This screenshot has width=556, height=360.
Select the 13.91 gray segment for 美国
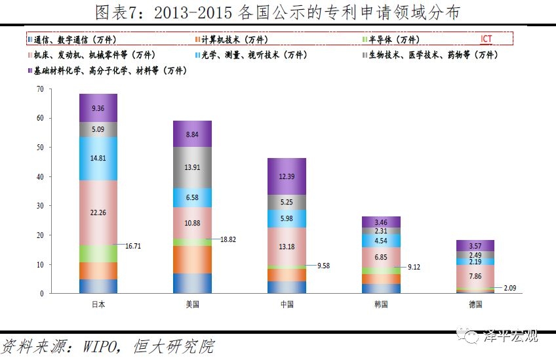(x=192, y=167)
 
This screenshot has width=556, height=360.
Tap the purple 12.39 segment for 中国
(x=287, y=176)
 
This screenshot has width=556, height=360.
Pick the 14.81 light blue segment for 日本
(x=98, y=158)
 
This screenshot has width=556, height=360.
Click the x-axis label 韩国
(x=381, y=305)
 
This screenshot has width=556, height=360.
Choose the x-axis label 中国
(x=287, y=305)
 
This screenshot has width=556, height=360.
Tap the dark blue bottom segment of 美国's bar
(x=192, y=283)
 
